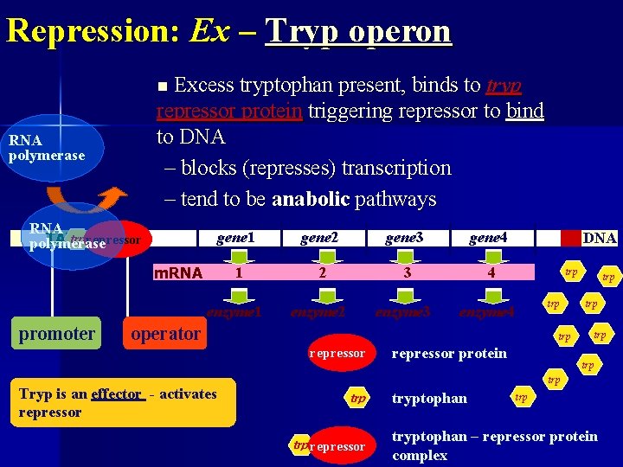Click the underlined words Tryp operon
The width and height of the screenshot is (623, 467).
358,31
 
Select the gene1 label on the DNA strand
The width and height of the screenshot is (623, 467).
236,237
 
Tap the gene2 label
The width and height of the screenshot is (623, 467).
319,237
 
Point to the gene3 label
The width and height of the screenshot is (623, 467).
404,237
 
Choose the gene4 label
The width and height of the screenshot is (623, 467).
489,237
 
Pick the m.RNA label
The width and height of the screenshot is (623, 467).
177,273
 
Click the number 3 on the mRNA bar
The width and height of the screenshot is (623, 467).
405,272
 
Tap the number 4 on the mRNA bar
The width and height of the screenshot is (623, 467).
491,272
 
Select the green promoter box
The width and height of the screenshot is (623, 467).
57,334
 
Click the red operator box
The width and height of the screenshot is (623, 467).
165,334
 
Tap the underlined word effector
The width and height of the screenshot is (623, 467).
118,394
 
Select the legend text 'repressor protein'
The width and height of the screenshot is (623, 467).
449,353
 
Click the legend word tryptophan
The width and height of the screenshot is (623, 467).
429,398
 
